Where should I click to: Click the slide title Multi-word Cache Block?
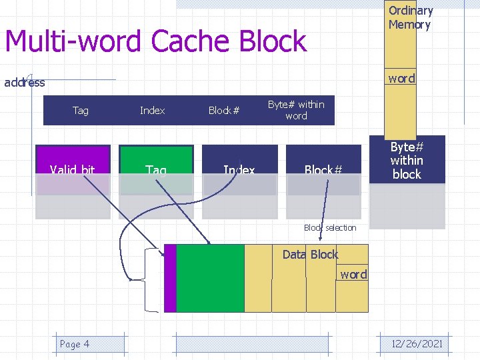pos(155,41)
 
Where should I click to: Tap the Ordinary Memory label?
pos(410,18)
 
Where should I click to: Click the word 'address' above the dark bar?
pos(25,83)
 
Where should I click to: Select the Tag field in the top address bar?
pos(81,111)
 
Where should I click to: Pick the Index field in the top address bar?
pos(153,111)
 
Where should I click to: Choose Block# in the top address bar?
pos(224,111)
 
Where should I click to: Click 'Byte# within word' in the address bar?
pos(296,110)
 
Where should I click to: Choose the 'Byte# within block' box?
pos(407,161)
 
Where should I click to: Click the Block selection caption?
pos(330,228)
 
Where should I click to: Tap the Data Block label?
pos(310,255)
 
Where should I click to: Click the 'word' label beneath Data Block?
pos(353,275)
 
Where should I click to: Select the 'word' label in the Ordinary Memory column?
pos(401,79)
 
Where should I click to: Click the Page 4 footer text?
pos(75,344)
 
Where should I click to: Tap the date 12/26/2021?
pos(417,344)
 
